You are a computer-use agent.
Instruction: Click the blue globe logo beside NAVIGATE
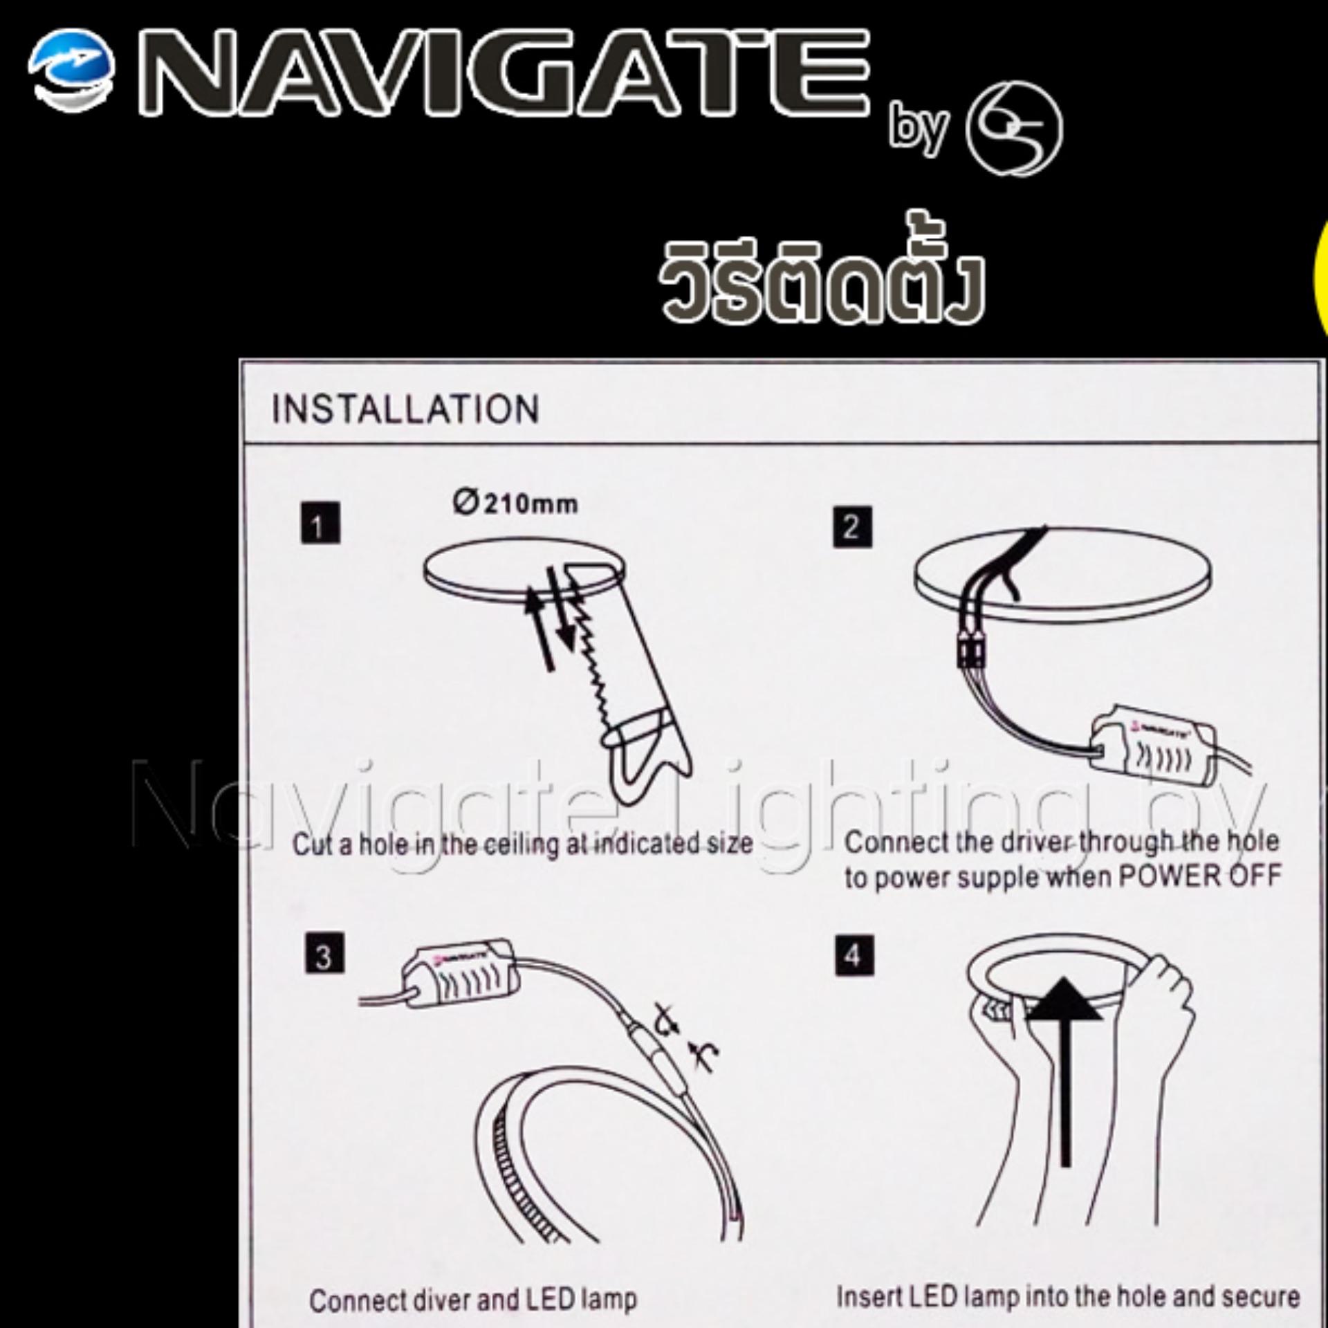coord(71,71)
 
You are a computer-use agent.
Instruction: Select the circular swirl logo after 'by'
coord(1014,129)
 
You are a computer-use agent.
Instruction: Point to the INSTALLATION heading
coord(405,409)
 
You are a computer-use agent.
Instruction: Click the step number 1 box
coord(320,523)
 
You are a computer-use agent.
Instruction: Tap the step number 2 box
coord(852,528)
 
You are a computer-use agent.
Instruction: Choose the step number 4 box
coord(854,956)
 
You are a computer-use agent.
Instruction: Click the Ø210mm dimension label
coord(516,503)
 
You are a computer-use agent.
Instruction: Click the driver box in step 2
coord(1152,754)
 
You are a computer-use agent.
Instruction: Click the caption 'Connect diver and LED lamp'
coord(473,1300)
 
